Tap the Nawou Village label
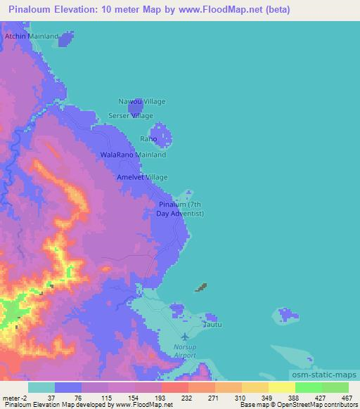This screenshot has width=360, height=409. click(x=141, y=101)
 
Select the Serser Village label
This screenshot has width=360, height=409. click(x=130, y=115)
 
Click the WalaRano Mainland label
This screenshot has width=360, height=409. click(x=134, y=154)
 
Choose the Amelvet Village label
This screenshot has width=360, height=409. click(x=143, y=178)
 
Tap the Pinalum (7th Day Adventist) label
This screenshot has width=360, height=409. click(x=180, y=209)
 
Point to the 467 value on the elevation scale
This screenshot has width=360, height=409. click(x=345, y=398)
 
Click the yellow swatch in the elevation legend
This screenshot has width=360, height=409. click(x=281, y=387)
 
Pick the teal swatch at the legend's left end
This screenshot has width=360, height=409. click(x=41, y=387)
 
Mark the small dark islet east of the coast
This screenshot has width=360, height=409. click(x=202, y=287)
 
